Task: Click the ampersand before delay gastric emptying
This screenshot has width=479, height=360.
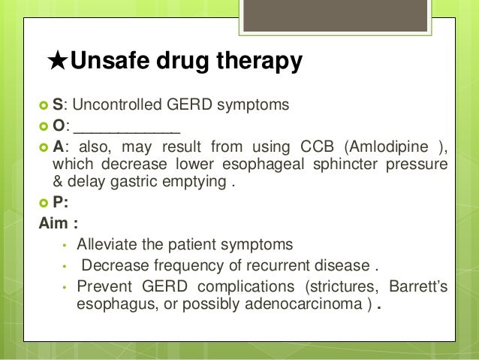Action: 58,183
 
